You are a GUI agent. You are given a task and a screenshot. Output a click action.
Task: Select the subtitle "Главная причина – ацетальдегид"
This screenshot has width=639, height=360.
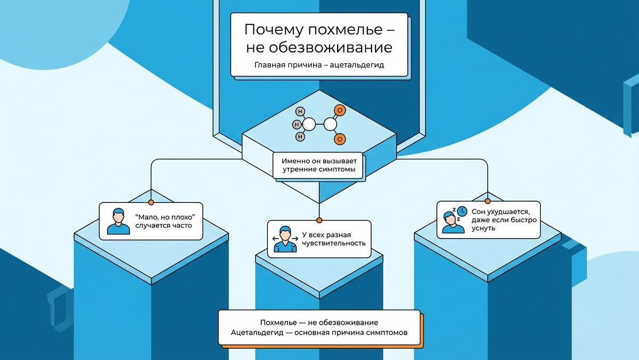click(x=319, y=67)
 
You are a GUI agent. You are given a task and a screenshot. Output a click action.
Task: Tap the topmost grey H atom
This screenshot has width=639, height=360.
click(x=301, y=112)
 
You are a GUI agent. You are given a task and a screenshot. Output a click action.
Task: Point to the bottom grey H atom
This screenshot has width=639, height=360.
click(x=301, y=136)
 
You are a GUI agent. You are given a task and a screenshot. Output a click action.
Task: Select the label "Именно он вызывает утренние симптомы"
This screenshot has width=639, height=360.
click(x=318, y=166)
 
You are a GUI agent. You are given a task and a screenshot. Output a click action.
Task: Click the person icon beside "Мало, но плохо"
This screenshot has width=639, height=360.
click(x=118, y=221)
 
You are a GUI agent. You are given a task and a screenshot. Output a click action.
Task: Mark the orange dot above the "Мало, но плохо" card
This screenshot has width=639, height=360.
click(x=151, y=202)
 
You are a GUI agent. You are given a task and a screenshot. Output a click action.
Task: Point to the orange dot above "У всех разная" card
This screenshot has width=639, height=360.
click(x=319, y=220)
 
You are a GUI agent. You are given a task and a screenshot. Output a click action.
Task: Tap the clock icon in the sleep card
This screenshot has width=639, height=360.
click(x=462, y=211)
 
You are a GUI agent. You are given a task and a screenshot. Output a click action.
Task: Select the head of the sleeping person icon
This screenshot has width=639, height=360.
click(x=452, y=218)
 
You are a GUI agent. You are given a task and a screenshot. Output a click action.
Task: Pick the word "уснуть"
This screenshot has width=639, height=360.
click(x=484, y=228)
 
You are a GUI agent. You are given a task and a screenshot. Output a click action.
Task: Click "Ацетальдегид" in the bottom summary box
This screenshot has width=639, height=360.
click(x=257, y=332)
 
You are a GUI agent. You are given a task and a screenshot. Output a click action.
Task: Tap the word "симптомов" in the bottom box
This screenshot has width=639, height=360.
click(x=387, y=332)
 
